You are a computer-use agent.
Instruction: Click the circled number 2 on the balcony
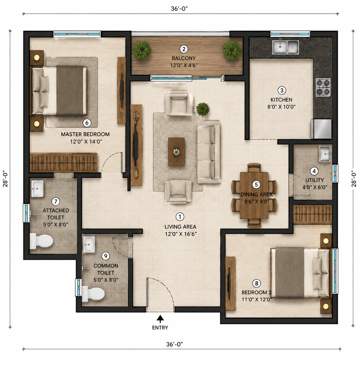point(184,49)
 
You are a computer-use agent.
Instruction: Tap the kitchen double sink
point(285,47)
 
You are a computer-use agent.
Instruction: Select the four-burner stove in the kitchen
point(323,87)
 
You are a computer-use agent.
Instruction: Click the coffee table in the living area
point(176,152)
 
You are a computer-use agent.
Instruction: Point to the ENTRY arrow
point(160,319)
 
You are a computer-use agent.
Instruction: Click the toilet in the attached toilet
point(41,241)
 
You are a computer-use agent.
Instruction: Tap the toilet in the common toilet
point(93,294)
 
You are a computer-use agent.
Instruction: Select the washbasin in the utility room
point(325,154)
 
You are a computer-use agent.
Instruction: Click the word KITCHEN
point(281,99)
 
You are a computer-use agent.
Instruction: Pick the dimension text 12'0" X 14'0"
point(86,142)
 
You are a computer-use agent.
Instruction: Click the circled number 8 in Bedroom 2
point(256,283)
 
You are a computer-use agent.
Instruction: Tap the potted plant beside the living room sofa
point(203,109)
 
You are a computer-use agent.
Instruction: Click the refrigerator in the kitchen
point(322,129)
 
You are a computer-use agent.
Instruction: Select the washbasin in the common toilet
point(89,244)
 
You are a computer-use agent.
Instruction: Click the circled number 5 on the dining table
point(256,185)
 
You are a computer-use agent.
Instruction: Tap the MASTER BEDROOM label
point(86,134)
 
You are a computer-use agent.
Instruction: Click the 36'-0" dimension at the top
point(179,9)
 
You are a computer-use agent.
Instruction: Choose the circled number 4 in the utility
point(314,171)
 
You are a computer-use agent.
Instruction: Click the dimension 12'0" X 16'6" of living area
point(181,234)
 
